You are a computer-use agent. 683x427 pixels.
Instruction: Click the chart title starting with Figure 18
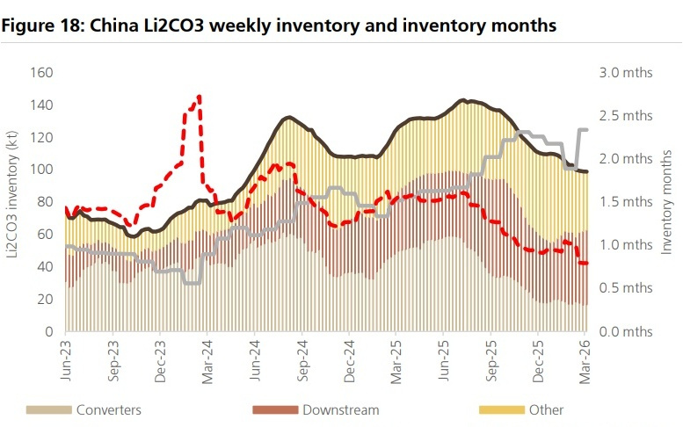(280, 25)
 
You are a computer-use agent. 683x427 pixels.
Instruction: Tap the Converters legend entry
(108, 409)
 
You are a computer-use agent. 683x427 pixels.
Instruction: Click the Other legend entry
(546, 409)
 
